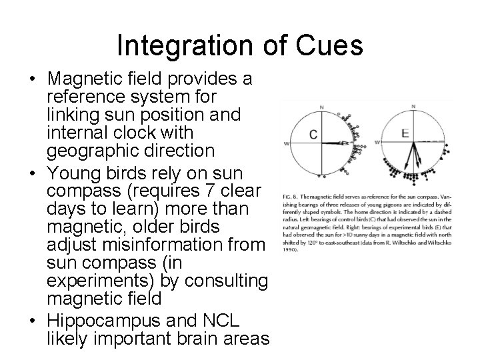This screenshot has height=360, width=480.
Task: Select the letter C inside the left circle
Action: pyautogui.click(x=313, y=135)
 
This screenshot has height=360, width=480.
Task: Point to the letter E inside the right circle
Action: pyautogui.click(x=405, y=133)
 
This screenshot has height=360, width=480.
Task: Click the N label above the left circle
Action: pyautogui.click(x=321, y=107)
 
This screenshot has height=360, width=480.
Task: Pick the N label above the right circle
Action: pyautogui.click(x=413, y=106)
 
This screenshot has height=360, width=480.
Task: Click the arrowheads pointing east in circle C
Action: pyautogui.click(x=346, y=143)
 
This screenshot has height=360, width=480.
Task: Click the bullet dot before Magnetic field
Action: pyautogui.click(x=33, y=79)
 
